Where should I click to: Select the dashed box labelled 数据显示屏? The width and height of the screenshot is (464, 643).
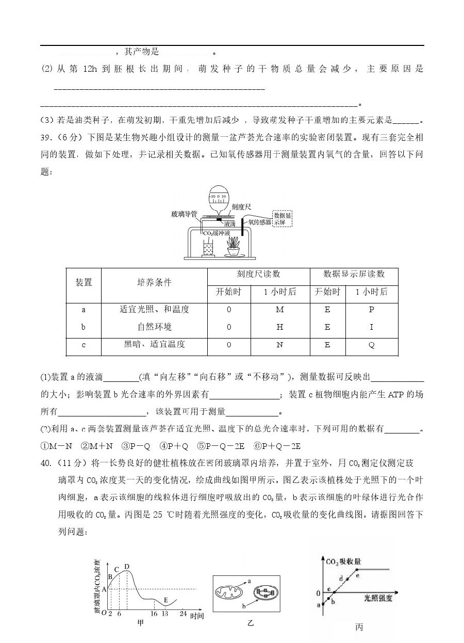[x=282, y=218]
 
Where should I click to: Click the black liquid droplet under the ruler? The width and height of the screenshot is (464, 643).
[x=219, y=220]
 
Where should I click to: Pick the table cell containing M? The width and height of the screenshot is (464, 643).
[x=280, y=310]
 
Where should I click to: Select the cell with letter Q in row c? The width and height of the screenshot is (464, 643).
[x=372, y=345]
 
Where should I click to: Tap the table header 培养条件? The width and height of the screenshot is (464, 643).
[x=154, y=282]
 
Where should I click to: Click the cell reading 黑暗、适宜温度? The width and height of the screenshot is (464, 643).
[x=154, y=345]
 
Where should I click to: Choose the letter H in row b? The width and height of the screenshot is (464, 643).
[x=280, y=327]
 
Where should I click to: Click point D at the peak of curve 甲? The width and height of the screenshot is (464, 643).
[x=127, y=566]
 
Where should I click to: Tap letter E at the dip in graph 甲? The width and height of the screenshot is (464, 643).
[x=165, y=600]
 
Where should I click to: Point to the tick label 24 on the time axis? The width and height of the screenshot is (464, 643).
[x=183, y=614]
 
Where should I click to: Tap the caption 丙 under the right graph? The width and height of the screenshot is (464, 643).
[x=359, y=628]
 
